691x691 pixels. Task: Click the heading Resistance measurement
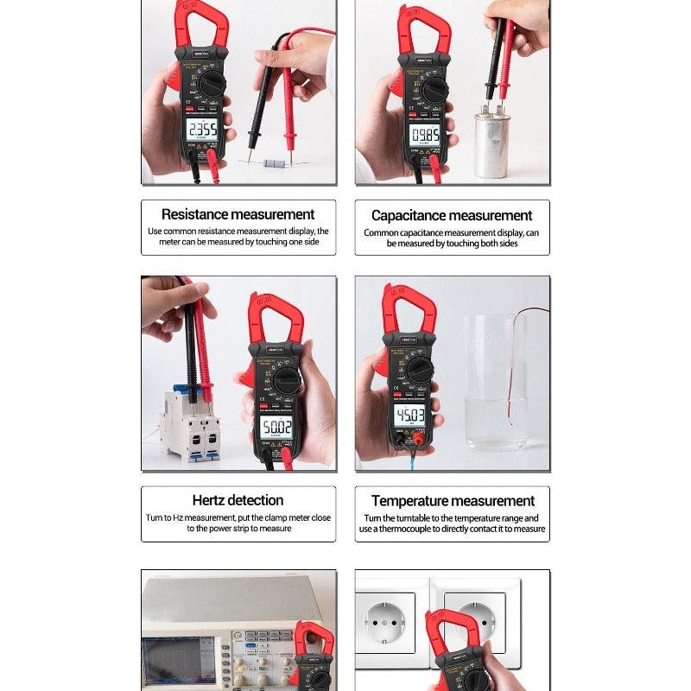[x=238, y=214]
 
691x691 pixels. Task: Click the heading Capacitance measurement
[x=452, y=215]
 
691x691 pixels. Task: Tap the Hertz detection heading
[x=238, y=500]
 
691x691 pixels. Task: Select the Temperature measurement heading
[x=453, y=501]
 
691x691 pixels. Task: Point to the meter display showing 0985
[x=423, y=135]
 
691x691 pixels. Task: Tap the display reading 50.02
[x=277, y=428]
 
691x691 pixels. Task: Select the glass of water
[x=494, y=380]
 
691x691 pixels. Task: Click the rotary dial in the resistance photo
[x=209, y=84]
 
